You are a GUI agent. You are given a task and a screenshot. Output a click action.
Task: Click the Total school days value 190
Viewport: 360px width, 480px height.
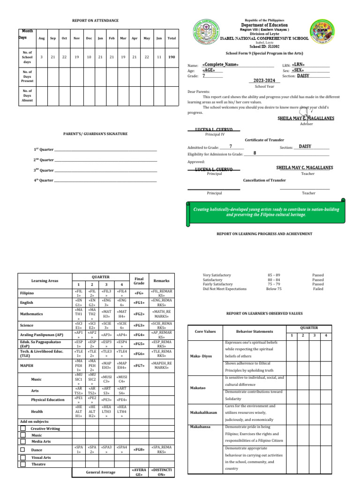172,57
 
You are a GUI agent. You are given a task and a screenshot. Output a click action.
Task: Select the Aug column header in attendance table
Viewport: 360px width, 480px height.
41,37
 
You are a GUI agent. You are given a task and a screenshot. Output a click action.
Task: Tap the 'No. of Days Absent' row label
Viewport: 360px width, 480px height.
27,95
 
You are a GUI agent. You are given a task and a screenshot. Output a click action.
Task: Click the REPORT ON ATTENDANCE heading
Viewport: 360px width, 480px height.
95,21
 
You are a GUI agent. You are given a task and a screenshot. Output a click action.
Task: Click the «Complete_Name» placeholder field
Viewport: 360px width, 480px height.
220,64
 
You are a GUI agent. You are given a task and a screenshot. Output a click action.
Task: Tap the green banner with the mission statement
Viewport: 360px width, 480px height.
266,212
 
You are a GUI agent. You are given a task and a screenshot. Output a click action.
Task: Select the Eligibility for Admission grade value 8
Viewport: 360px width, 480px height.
255,153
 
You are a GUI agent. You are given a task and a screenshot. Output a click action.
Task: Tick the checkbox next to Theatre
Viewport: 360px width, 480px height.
23,464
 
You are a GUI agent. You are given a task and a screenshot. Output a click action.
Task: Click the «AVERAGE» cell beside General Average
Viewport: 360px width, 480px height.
139,472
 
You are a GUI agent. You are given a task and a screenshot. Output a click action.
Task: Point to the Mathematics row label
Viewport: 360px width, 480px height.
32,314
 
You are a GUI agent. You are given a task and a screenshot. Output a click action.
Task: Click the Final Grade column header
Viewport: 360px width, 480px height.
139,281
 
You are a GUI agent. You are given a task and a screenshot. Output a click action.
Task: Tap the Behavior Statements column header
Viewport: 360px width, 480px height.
254,331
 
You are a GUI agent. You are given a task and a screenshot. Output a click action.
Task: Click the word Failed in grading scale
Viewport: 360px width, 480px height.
318,289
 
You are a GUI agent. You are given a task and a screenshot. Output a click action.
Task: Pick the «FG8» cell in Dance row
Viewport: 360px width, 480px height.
139,450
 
